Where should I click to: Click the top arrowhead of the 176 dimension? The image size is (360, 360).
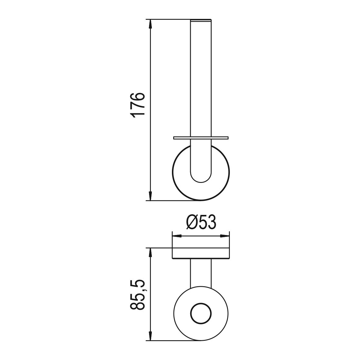(x=150, y=24)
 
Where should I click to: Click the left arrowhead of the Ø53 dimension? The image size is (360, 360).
(x=177, y=236)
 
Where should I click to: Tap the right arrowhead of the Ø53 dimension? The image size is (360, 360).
(x=225, y=236)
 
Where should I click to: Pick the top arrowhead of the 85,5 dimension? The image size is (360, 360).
(x=150, y=253)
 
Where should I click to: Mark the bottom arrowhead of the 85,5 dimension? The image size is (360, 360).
(x=150, y=336)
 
